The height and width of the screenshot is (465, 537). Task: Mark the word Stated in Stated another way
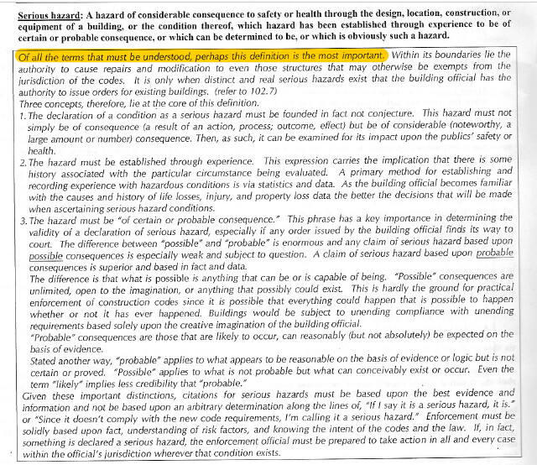coord(44,355)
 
